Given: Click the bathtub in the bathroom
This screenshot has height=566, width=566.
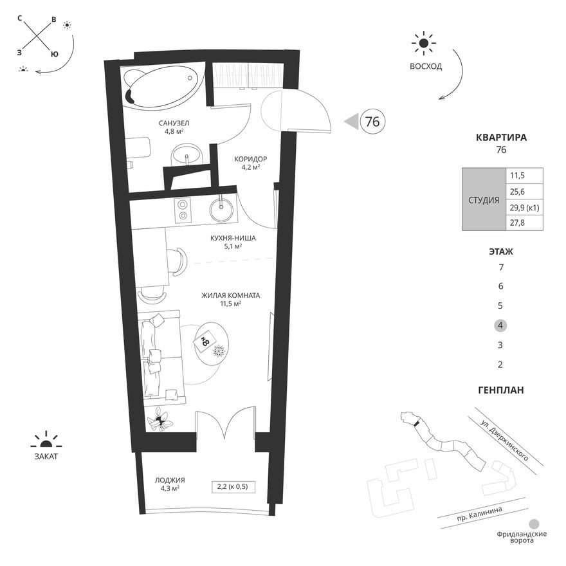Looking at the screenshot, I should [x=162, y=87].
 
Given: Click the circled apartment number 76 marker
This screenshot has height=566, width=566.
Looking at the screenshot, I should [x=371, y=121].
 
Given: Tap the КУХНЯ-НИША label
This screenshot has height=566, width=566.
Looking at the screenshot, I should [x=233, y=238].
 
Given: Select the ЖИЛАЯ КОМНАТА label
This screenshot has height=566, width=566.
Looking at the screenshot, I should [x=230, y=295].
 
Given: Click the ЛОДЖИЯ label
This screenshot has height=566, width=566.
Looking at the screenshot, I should [x=170, y=480].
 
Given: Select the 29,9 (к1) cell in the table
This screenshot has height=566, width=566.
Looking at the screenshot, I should [x=524, y=207].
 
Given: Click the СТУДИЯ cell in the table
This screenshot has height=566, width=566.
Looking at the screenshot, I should [x=483, y=199].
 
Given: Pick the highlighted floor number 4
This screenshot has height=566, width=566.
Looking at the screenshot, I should [x=500, y=325].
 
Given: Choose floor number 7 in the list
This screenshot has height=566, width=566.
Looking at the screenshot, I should [x=500, y=267].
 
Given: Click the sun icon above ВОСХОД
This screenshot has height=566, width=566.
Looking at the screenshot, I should [x=423, y=44].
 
